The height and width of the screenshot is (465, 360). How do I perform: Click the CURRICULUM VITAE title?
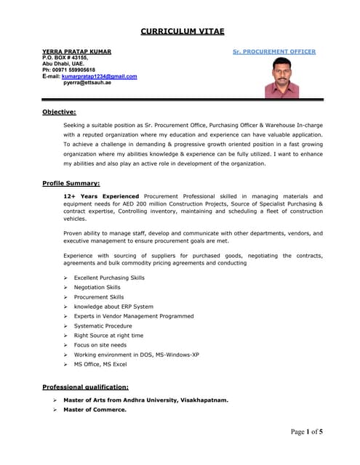click(182, 31)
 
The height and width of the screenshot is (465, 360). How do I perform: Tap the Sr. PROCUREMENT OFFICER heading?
click(274, 52)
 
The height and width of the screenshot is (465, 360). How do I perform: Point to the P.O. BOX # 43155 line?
click(65, 57)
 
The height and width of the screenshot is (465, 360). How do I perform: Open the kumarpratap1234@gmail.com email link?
click(99, 76)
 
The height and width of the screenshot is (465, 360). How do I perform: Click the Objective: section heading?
click(60, 111)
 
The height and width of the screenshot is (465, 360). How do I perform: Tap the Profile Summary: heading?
click(71, 183)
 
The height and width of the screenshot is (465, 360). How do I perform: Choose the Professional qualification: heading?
click(86, 387)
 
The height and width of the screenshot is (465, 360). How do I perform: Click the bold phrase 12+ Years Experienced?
click(101, 196)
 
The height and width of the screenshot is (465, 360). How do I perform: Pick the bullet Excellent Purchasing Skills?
click(109, 278)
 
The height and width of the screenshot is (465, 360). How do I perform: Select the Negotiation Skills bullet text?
click(97, 287)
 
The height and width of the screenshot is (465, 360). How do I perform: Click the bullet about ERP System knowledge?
click(113, 307)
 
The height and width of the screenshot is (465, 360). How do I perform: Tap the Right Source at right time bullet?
click(108, 336)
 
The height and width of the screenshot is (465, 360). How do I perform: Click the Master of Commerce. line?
click(95, 409)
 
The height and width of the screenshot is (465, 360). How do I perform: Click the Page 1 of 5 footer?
click(306, 432)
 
